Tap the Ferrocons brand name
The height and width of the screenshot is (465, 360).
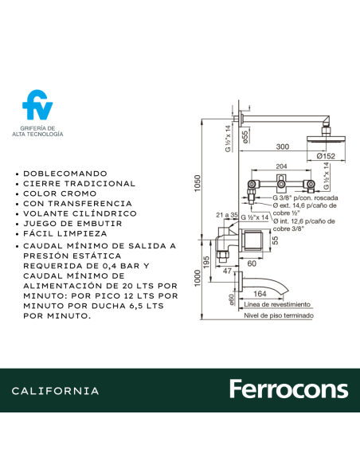[x=288, y=389]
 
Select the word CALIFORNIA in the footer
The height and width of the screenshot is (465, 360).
[x=56, y=391]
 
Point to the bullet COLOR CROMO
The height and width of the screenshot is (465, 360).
[x=61, y=193]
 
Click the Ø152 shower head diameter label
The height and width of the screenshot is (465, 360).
[x=327, y=156]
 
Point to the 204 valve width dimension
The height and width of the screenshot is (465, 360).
[x=280, y=167]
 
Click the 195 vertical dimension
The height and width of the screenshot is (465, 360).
[x=207, y=261]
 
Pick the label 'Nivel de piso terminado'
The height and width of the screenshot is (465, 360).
[x=279, y=316]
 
